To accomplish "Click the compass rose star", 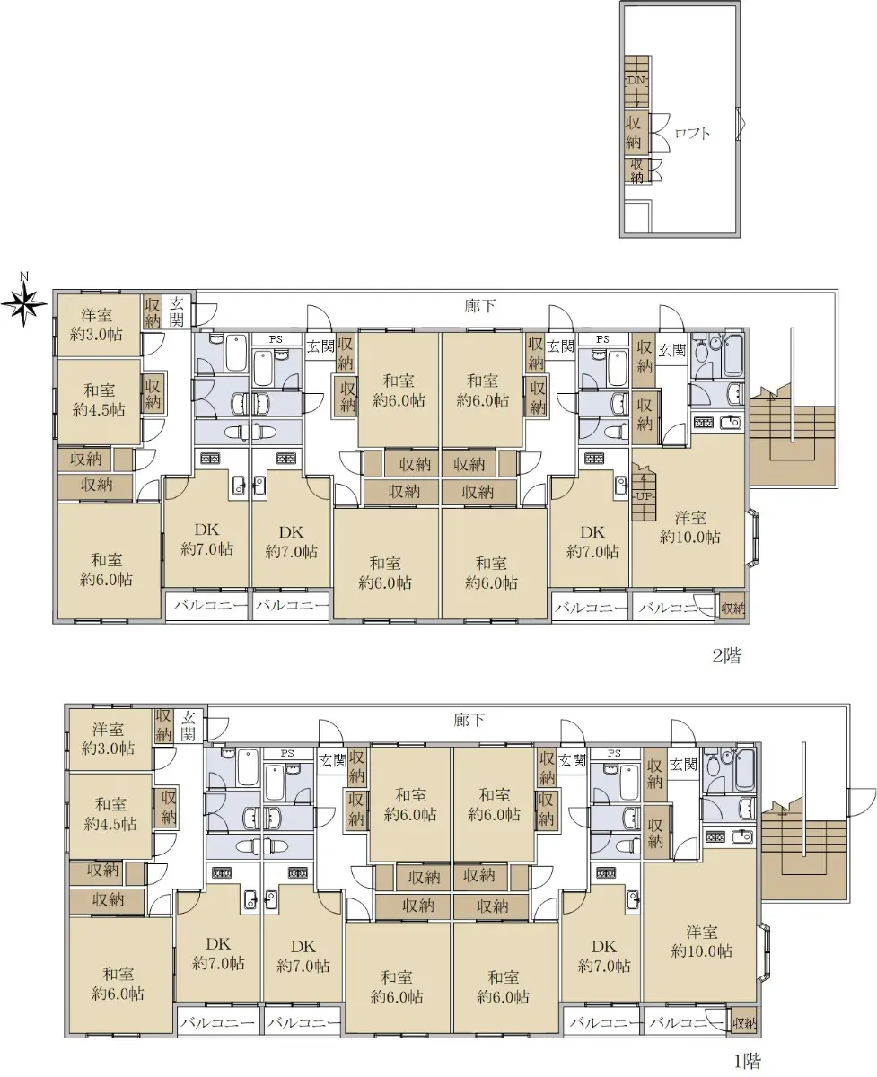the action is tap(23, 304).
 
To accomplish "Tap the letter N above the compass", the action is tap(23, 276).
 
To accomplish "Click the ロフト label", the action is tap(692, 133).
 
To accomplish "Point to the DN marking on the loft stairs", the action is tap(636, 80).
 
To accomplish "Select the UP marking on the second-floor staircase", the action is tap(644, 496).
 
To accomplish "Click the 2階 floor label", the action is tap(727, 656).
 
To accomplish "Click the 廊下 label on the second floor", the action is tap(480, 306).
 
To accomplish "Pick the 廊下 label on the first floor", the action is tap(469, 720).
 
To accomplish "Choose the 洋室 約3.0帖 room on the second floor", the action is tap(98, 325).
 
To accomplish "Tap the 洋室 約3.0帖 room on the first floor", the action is tap(110, 739).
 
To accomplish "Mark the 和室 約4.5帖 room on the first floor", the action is tap(110, 815).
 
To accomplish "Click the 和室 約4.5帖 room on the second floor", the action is tap(99, 400).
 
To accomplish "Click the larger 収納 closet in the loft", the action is tap(635, 133).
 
